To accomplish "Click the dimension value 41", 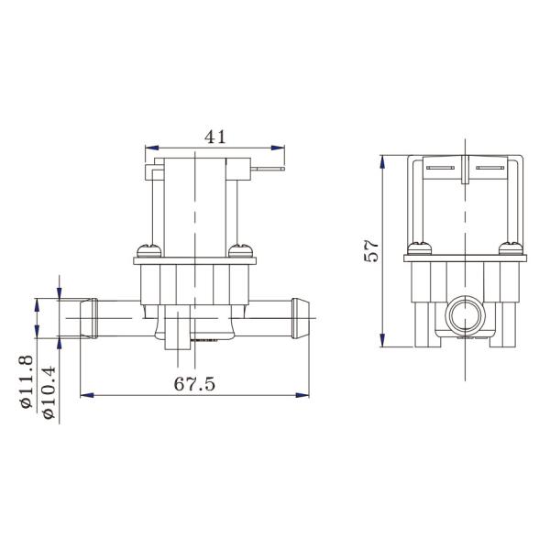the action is click(215, 137).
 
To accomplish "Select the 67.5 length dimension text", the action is click(194, 384).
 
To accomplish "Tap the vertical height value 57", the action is click(371, 251).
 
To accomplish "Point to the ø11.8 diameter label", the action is click(27, 382).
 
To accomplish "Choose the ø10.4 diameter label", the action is click(49, 392).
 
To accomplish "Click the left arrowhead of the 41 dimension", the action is click(152, 148).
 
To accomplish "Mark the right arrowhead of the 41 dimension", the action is click(278, 148).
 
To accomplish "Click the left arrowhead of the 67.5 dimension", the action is click(87, 395).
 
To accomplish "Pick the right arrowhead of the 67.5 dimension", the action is click(302, 395).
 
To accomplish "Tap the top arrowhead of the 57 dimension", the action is click(382, 162).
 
